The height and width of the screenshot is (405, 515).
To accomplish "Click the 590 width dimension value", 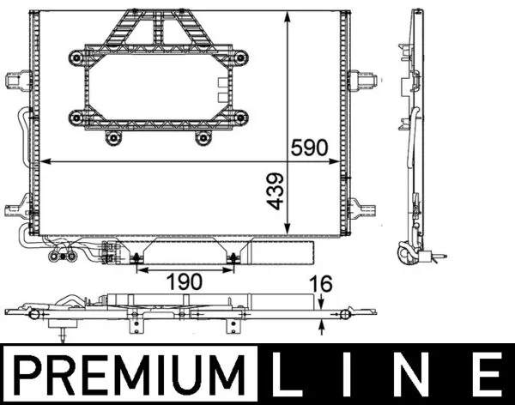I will (310, 148).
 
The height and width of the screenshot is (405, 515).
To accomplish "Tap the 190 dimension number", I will (184, 281).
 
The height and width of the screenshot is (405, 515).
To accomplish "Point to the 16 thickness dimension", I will (319, 283).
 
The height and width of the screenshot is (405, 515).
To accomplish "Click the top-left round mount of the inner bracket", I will (76, 57).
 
